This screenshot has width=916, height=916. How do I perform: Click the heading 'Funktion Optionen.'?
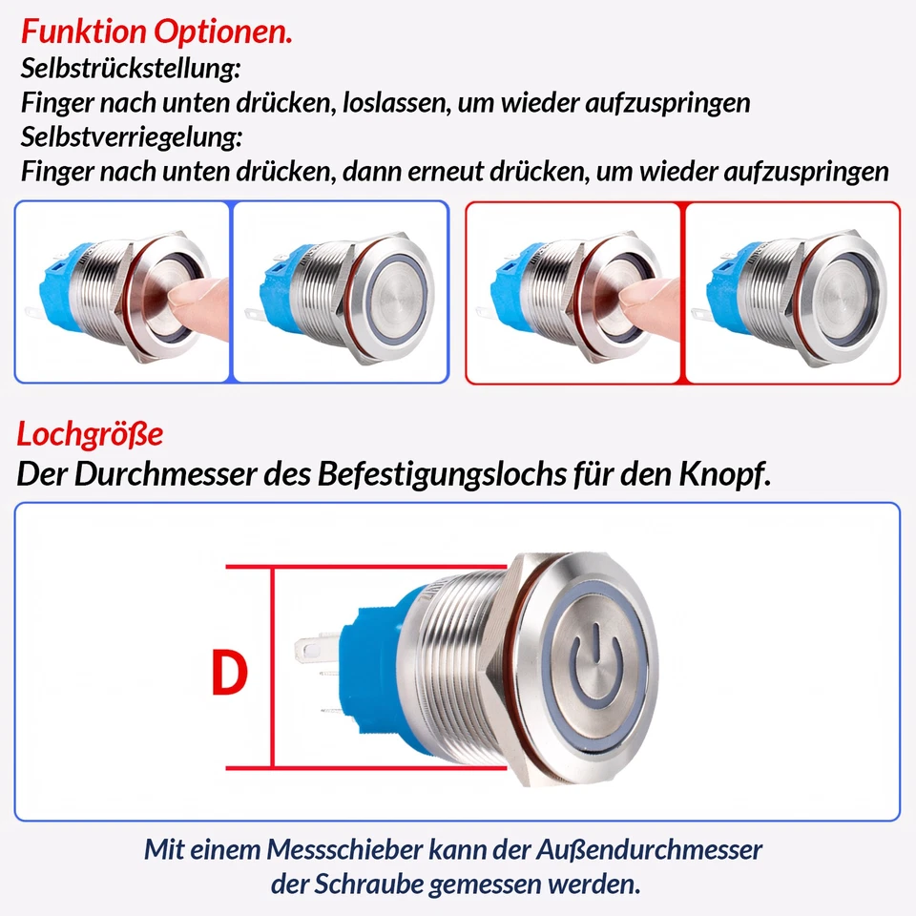click(x=156, y=31)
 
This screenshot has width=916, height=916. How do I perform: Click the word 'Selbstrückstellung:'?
click(x=130, y=69)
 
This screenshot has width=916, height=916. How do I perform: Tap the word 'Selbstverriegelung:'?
click(x=131, y=136)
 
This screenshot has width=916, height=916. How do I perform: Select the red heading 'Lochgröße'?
click(x=90, y=435)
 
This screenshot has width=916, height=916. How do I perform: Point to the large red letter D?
click(x=229, y=674)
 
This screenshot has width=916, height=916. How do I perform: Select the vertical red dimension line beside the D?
click(x=274, y=668)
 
